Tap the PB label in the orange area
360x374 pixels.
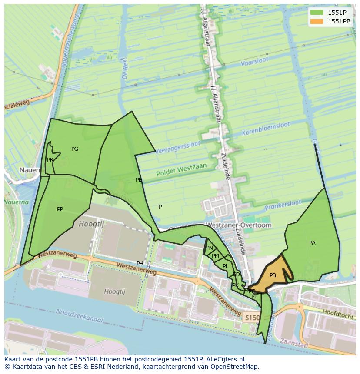273,275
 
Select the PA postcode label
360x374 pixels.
312,243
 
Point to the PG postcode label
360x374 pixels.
75,149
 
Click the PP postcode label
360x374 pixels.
60,209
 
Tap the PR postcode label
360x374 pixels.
50,160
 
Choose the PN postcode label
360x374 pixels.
210,248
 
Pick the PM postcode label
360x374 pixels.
215,256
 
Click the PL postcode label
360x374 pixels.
225,266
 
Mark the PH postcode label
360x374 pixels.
140,264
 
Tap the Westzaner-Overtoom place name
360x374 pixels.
238,225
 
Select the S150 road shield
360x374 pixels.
251,318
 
